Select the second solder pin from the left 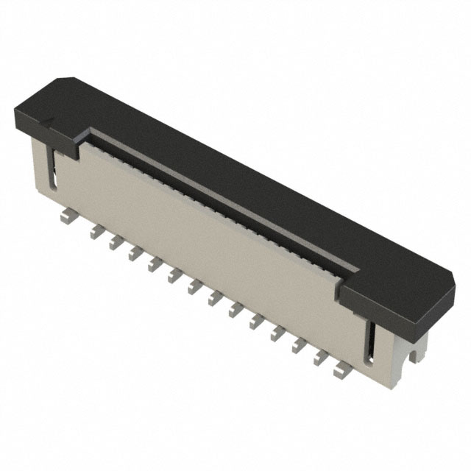pyautogui.click(x=94, y=232)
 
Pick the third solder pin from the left pyautogui.click(x=114, y=243)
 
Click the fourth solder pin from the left pyautogui.click(x=134, y=254)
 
